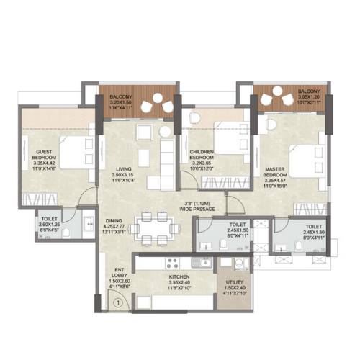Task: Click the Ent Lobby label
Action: point(120,275)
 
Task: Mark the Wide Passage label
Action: point(204,207)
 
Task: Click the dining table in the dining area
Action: point(153,225)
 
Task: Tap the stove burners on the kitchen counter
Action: point(174,262)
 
